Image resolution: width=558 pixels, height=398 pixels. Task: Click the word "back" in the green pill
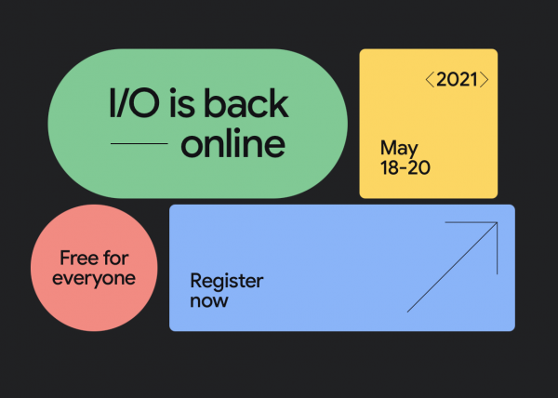[246, 103]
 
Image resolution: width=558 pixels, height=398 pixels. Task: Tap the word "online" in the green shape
[233, 143]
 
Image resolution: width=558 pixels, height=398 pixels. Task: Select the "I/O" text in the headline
[134, 103]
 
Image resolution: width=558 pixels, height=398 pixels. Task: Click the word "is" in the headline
[182, 103]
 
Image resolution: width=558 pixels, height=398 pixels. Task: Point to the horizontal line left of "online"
[139, 144]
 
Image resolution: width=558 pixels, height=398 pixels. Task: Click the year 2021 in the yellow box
[457, 79]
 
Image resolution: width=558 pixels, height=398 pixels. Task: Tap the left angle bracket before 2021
[430, 79]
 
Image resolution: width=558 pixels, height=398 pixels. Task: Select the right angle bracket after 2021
[484, 79]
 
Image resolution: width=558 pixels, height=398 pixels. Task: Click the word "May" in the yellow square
[399, 149]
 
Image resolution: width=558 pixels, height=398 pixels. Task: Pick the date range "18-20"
[405, 167]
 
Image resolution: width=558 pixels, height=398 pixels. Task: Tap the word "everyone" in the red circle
[94, 278]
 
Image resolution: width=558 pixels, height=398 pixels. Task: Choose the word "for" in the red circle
[115, 258]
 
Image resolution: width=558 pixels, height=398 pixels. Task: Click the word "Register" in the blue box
[227, 282]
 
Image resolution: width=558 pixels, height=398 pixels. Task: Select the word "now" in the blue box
[209, 301]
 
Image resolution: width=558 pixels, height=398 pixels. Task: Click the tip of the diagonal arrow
[498, 222]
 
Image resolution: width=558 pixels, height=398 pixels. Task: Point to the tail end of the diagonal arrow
[408, 312]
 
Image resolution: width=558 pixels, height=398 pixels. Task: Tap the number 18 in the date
[389, 167]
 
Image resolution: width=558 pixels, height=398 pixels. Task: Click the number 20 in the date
[419, 167]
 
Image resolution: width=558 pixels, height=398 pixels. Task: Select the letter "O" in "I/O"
[144, 103]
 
